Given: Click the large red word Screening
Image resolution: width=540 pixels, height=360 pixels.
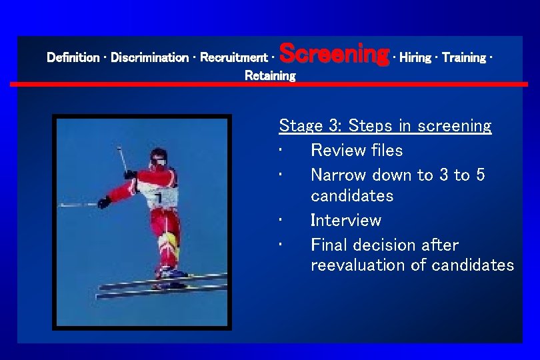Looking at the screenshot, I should (x=334, y=53).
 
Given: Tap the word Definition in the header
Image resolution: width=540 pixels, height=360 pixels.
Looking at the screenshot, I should (x=73, y=58).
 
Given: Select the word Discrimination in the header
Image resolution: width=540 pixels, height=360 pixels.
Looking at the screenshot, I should (x=149, y=58).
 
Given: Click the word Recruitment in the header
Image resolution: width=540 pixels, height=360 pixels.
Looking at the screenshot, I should (x=234, y=58).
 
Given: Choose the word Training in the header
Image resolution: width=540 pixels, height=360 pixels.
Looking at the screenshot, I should (x=464, y=58).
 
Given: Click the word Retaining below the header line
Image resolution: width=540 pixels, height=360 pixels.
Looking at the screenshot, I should (x=270, y=76).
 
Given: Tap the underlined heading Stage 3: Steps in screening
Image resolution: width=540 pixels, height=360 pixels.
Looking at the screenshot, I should (x=385, y=125).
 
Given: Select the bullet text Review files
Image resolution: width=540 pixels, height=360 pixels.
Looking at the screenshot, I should (x=357, y=150).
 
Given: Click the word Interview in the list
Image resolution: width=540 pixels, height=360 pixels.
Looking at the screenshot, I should (x=345, y=220).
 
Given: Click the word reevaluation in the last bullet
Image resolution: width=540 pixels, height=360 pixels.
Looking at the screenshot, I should (x=368, y=265).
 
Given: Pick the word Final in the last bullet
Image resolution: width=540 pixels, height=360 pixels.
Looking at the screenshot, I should (x=330, y=245).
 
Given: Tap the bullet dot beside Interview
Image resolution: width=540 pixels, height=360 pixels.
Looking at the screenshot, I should (x=283, y=221).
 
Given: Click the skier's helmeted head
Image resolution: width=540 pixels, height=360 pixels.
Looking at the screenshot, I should (x=158, y=157).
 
